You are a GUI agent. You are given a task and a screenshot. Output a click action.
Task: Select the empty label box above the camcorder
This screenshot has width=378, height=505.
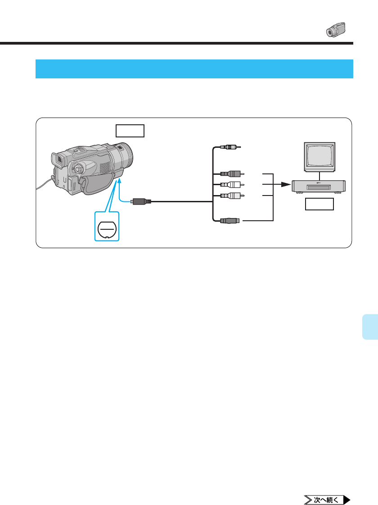(x=130, y=131)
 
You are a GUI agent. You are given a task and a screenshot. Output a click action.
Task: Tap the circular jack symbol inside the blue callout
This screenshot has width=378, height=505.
(x=107, y=228)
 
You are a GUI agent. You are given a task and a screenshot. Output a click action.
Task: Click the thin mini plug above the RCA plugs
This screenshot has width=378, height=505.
(x=230, y=147)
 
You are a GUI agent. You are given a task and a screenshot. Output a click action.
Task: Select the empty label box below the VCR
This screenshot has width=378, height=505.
(x=319, y=205)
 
